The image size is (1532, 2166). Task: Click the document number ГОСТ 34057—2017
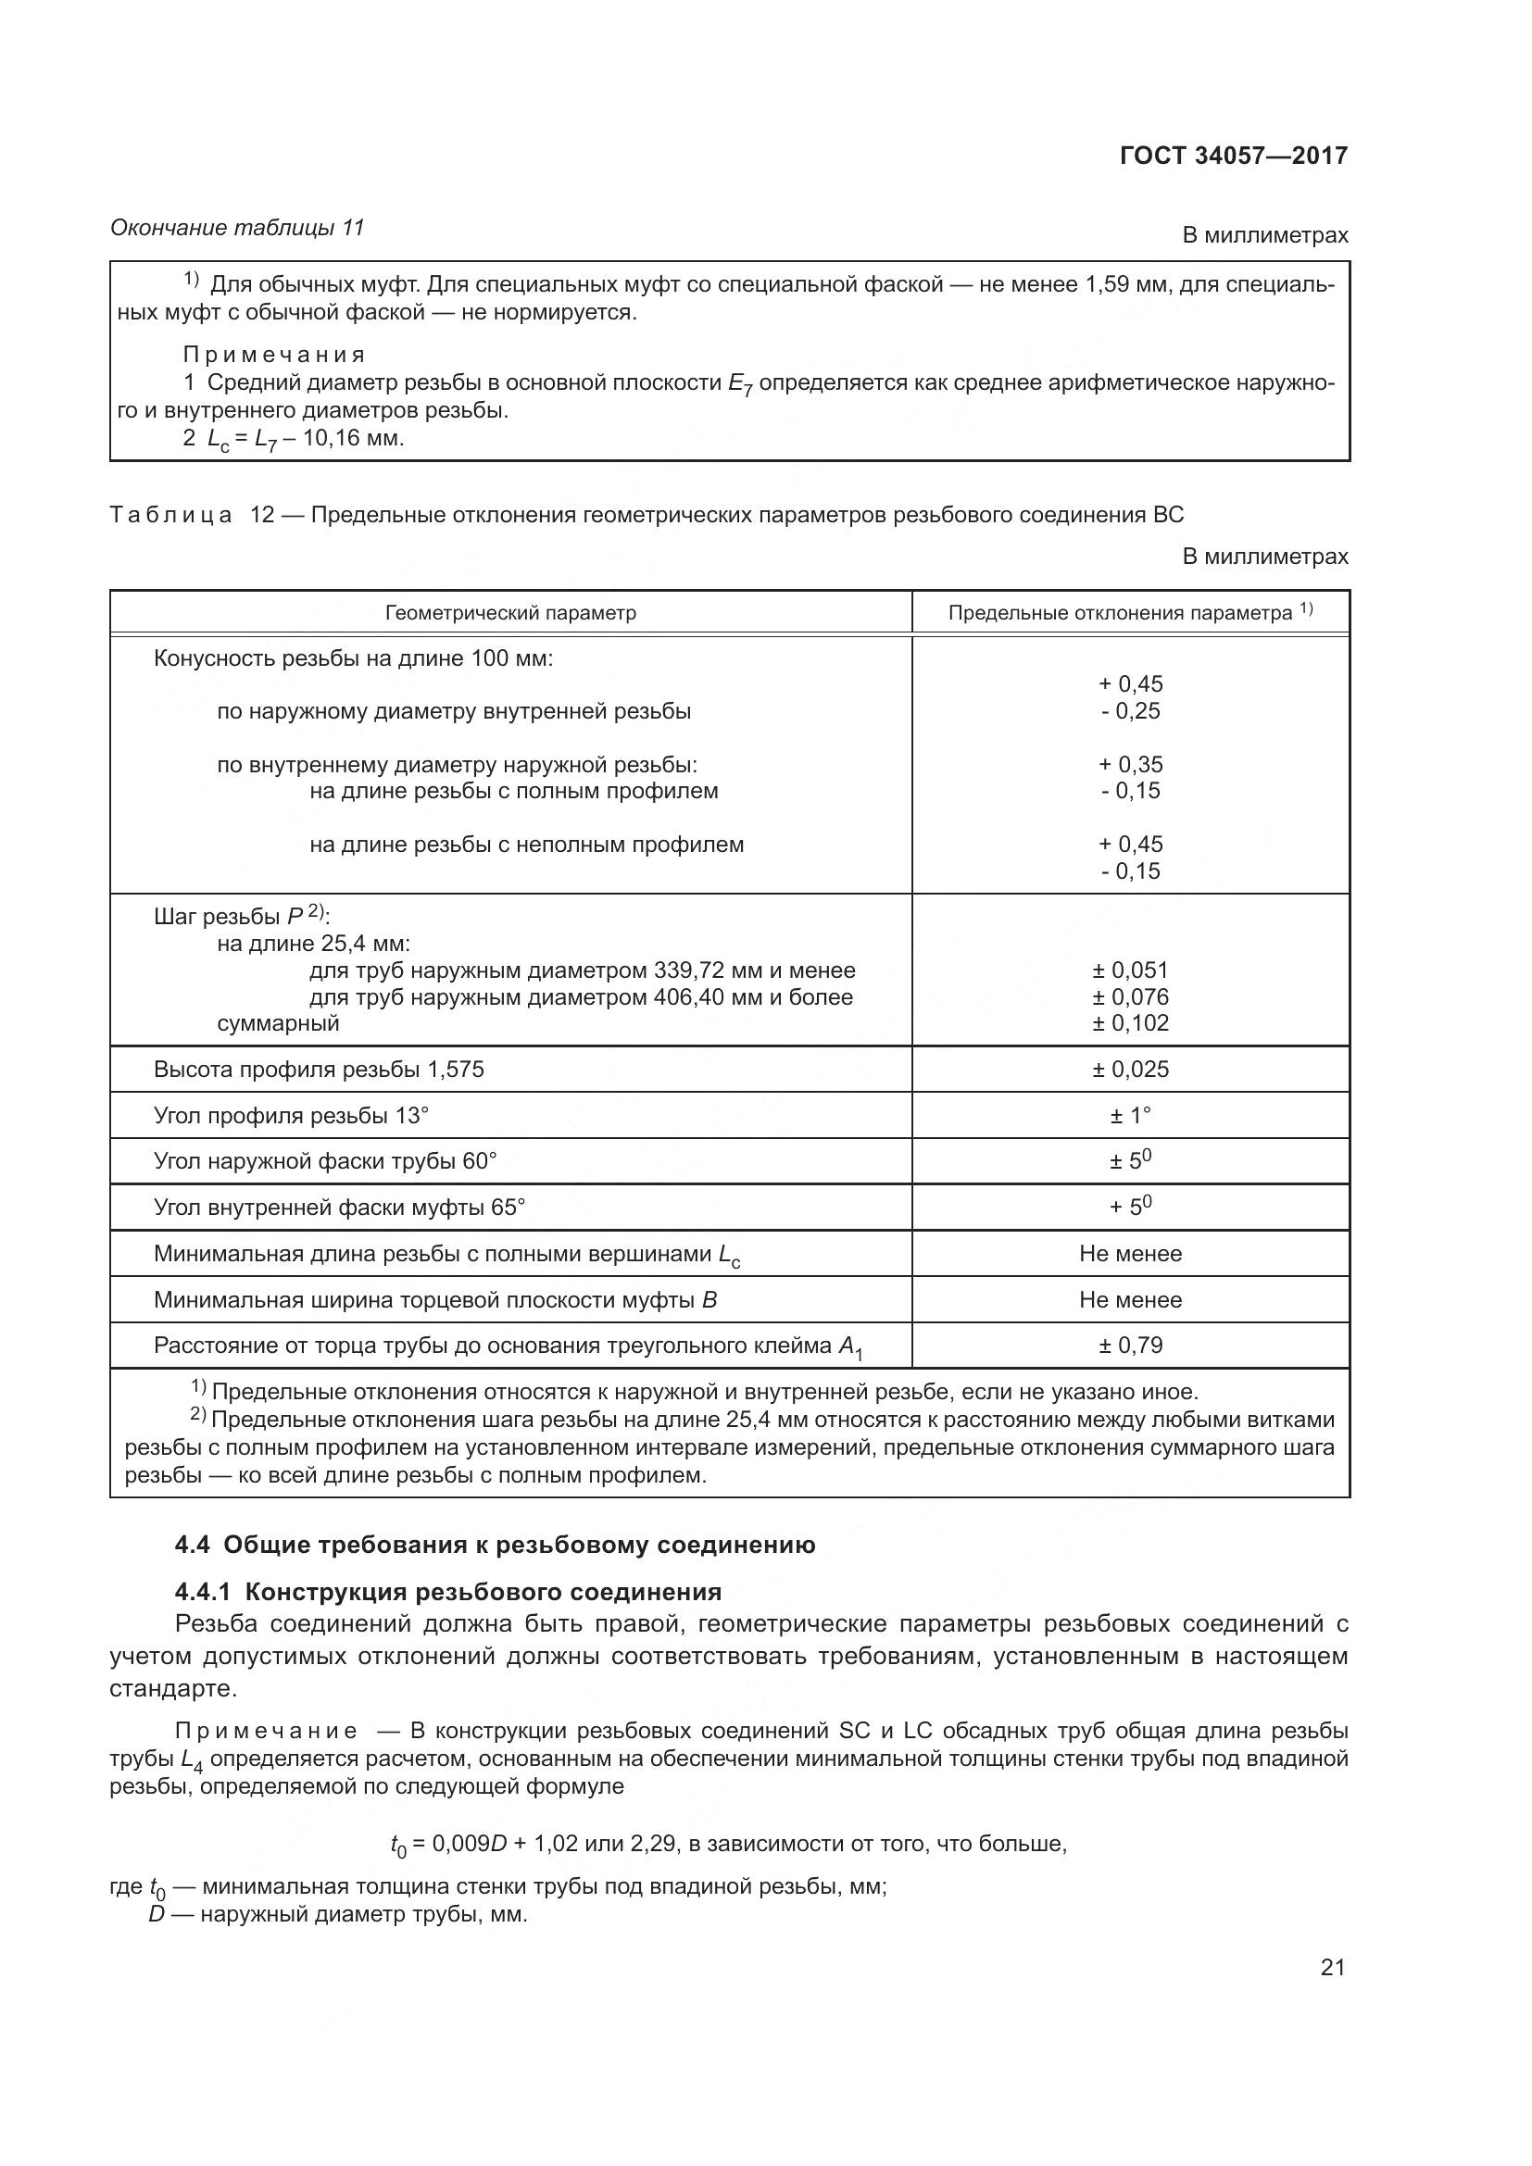[x=1233, y=156]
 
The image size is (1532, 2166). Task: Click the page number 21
[x=1332, y=1967]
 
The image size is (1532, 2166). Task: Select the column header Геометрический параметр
[x=510, y=613]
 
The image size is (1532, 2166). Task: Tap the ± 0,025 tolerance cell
[x=1130, y=1069]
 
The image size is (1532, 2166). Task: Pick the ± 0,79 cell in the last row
[x=1130, y=1346]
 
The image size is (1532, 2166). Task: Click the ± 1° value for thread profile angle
[x=1130, y=1116]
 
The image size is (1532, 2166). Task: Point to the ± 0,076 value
[x=1130, y=997]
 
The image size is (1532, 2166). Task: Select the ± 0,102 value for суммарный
[x=1130, y=1023]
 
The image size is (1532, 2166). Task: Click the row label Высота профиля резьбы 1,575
[x=318, y=1069]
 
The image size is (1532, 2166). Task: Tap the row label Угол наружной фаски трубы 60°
[x=324, y=1161]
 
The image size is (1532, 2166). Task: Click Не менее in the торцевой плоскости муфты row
[x=1130, y=1300]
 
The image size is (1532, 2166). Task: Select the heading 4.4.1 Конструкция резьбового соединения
[x=448, y=1593]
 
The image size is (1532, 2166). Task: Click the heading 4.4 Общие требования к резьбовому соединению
[x=496, y=1546]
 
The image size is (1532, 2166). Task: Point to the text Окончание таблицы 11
[x=237, y=228]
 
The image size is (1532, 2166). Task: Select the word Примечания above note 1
[x=273, y=355]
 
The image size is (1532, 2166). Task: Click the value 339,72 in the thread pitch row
[x=686, y=970]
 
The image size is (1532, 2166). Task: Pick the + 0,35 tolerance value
[x=1130, y=764]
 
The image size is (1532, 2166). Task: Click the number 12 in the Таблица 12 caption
[x=261, y=515]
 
